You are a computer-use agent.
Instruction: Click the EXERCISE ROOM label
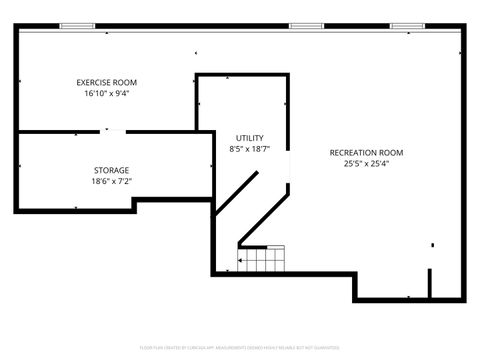107,82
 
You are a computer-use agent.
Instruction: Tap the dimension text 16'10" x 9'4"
107,93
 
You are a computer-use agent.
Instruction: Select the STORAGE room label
112,170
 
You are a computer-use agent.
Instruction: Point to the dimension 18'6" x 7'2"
112,182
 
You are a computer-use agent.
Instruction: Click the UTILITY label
250,137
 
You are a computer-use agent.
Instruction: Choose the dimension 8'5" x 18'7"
250,149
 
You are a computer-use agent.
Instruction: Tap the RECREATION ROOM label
367,152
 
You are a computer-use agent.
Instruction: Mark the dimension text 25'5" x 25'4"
367,163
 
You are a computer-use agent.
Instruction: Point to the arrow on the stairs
242,262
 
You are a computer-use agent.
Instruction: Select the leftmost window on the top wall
77,25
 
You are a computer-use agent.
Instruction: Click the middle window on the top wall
306,25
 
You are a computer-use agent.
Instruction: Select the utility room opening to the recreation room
289,165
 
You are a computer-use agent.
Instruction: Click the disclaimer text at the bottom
240,348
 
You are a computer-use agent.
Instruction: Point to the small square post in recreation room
433,244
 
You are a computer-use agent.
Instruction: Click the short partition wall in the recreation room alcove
430,283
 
